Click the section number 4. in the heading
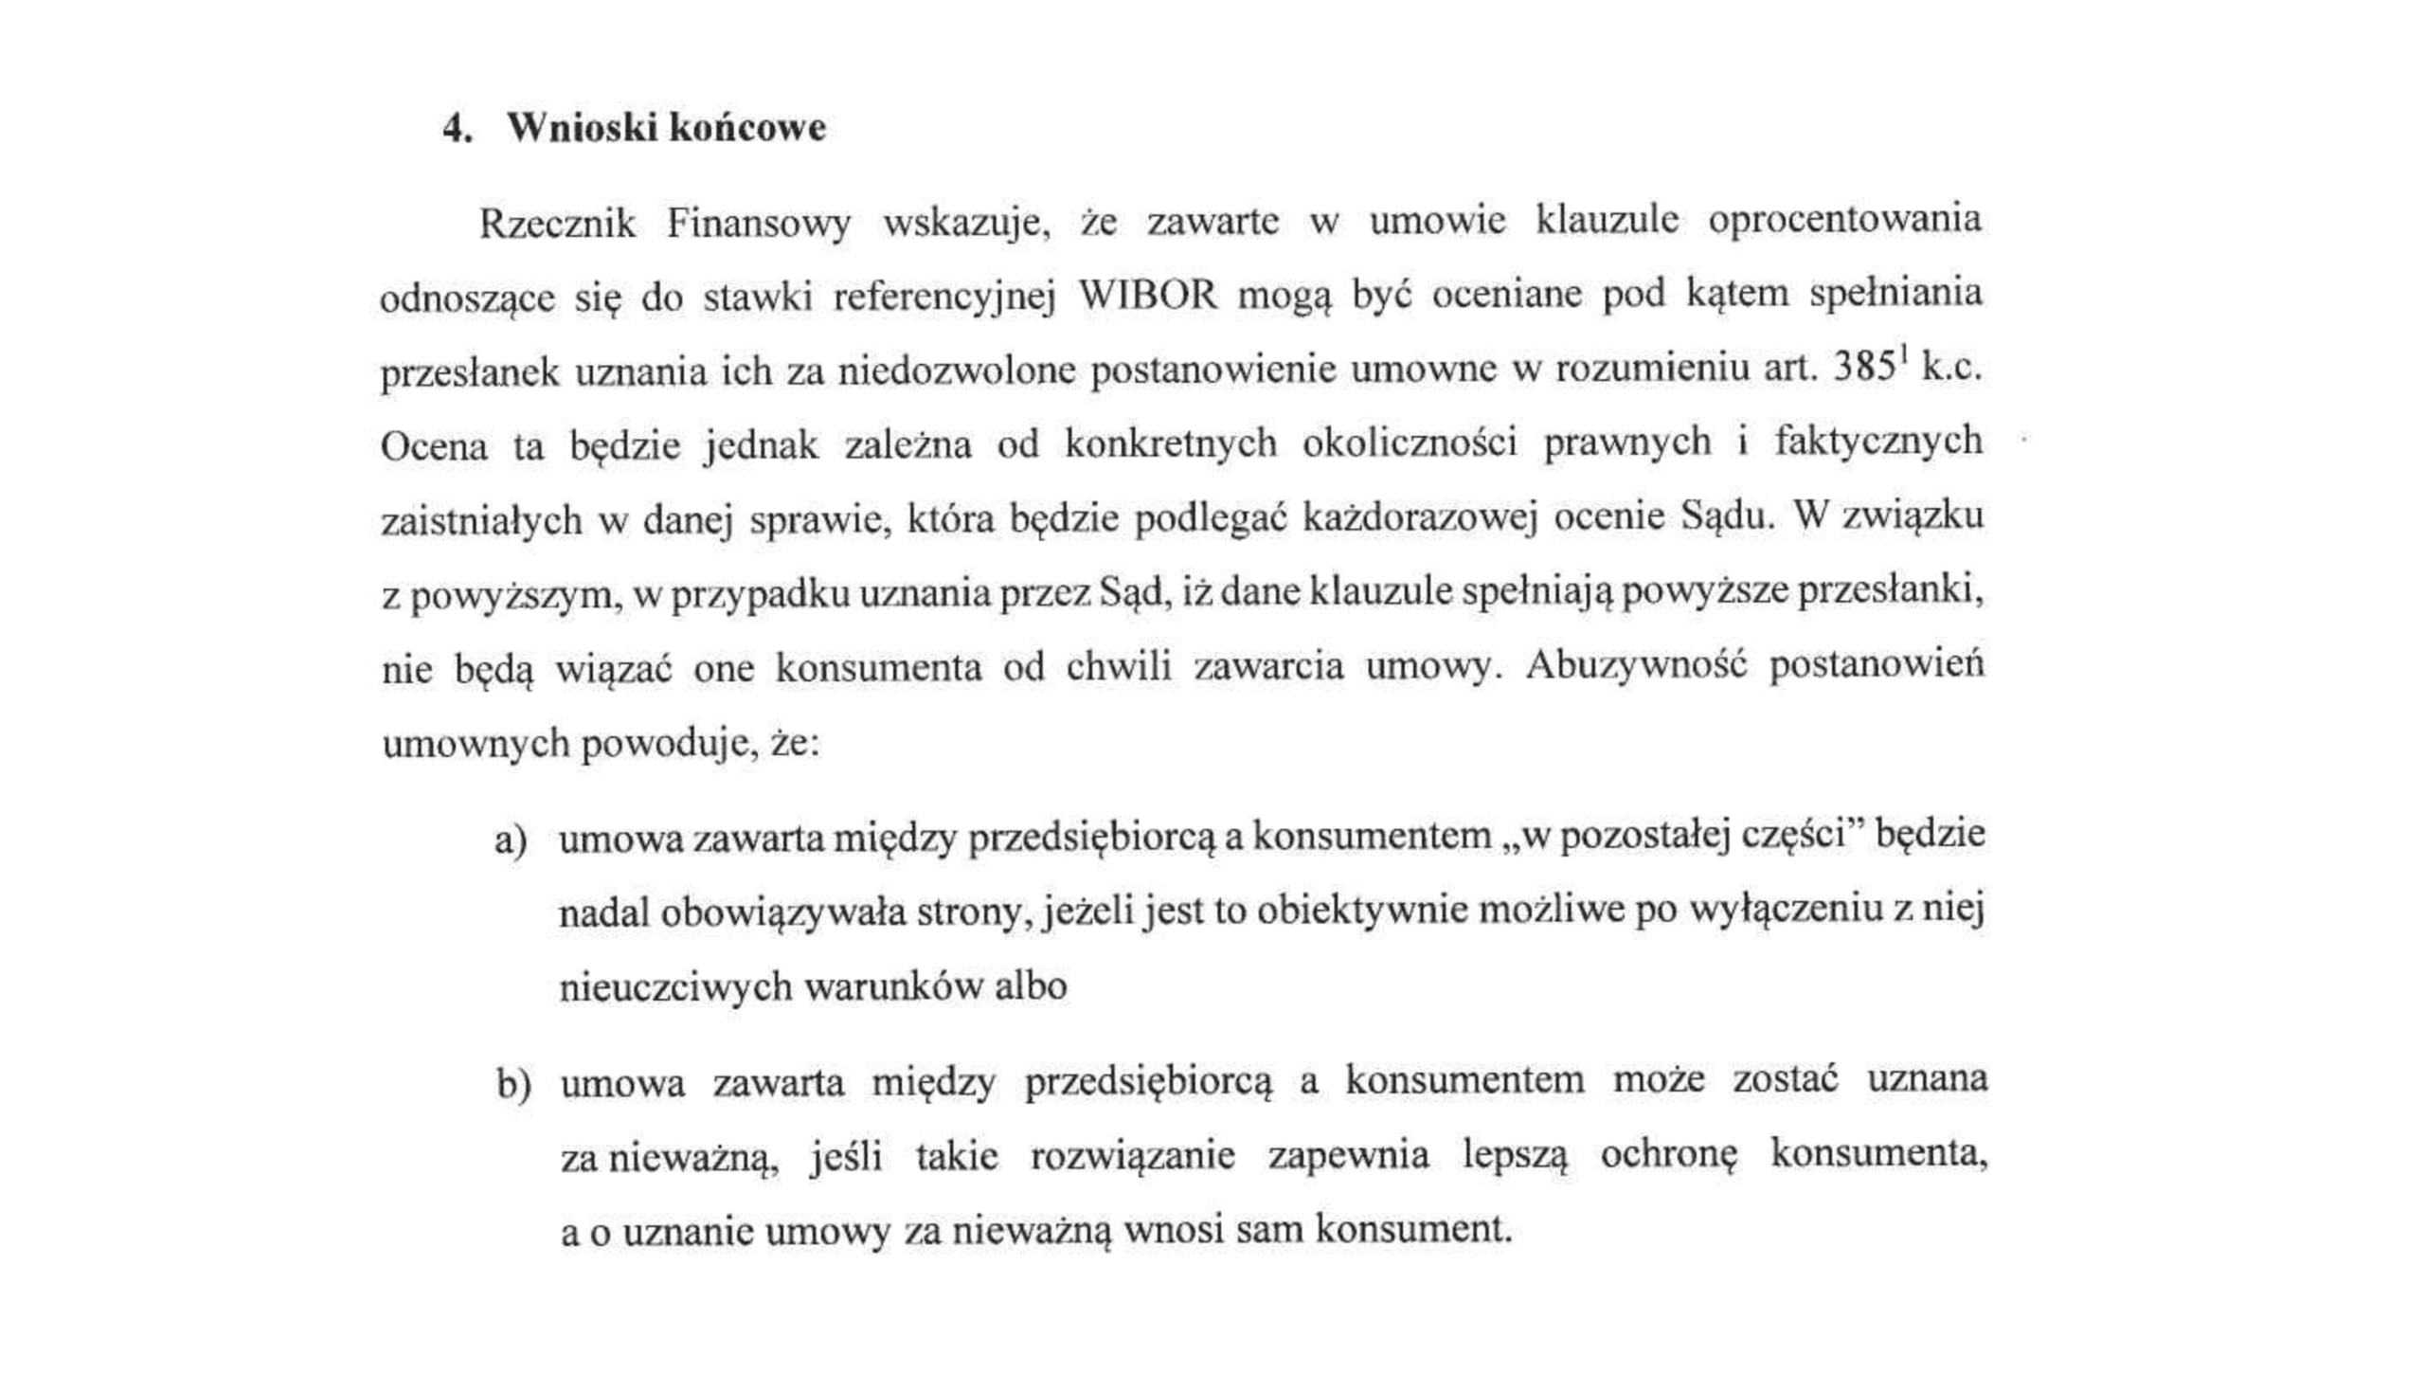coord(458,129)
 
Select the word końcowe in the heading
coord(747,128)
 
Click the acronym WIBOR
coord(1147,296)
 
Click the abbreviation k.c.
coord(1951,369)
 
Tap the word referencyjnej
coord(943,298)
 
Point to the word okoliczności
coord(1410,443)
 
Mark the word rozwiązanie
coord(1133,1157)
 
